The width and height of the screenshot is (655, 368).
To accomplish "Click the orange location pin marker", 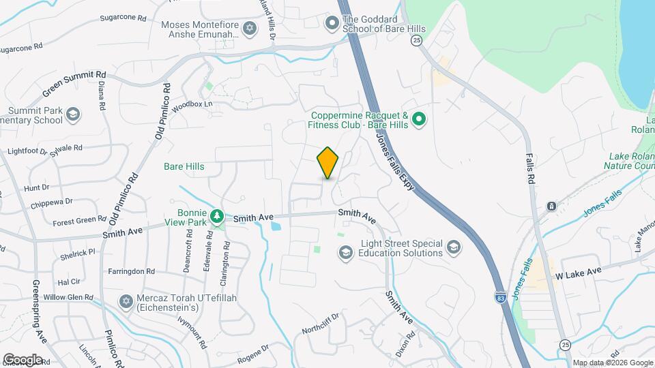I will point(327,163).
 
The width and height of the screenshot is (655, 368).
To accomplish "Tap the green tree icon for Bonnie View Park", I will point(217,216).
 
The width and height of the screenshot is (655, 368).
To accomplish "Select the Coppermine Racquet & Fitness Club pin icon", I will point(420,121).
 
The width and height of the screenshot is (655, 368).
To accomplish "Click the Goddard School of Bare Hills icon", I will point(332,24).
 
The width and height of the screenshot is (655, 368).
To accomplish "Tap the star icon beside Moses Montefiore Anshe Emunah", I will point(249,28).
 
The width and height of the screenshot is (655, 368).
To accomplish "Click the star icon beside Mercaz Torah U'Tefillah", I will point(126,301).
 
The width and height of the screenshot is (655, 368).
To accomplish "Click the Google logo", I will point(22,359).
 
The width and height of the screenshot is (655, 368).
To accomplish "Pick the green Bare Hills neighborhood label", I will point(184,166).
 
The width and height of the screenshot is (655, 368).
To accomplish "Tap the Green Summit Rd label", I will point(74,83).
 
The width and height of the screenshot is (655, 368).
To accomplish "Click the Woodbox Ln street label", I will point(192,106).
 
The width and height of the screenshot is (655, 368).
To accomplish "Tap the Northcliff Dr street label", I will point(321,324).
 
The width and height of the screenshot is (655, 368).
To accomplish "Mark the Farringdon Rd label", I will point(132,271).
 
